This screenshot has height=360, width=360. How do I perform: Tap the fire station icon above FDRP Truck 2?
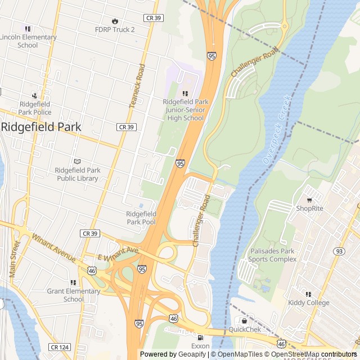point(115,21)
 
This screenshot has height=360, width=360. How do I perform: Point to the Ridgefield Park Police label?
point(35,108)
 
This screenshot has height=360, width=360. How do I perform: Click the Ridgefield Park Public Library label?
point(77,174)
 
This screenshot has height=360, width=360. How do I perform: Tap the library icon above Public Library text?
point(77,161)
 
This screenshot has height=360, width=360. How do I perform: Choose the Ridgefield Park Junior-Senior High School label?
point(185,110)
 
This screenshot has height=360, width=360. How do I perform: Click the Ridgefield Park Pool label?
point(141,218)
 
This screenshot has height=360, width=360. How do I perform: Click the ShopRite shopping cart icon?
point(309,200)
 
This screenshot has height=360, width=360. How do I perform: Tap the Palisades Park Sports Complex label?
point(272,255)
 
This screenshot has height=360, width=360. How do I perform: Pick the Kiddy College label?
point(308,303)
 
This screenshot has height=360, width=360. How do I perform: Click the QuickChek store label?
point(244,329)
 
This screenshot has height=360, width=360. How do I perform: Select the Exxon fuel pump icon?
point(200,337)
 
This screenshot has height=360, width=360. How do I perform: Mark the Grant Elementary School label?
point(73,295)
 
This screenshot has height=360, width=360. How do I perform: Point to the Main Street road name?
point(14,259)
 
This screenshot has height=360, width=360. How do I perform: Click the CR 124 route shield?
point(59,347)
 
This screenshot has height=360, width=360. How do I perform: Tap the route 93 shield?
point(339,251)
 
